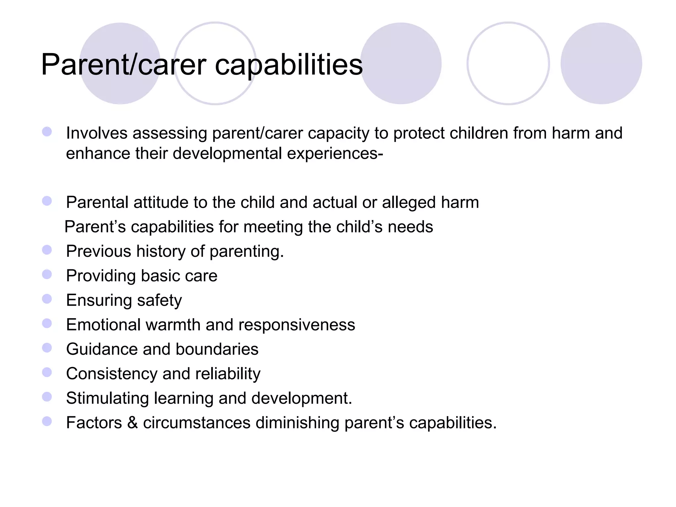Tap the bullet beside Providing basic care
click(x=47, y=274)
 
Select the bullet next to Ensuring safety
click(x=47, y=299)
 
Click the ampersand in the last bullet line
click(x=132, y=422)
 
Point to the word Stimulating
click(x=107, y=398)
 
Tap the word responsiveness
click(x=296, y=325)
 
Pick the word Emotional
click(x=103, y=325)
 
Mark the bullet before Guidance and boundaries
click(x=47, y=348)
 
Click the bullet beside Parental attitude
click(x=47, y=201)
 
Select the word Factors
click(x=94, y=422)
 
